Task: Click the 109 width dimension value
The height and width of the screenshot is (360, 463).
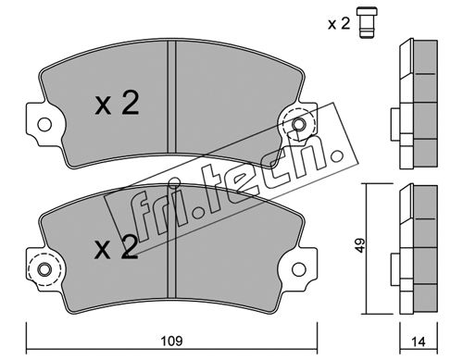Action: (x=172, y=341)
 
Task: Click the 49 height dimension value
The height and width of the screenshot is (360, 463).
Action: (x=360, y=245)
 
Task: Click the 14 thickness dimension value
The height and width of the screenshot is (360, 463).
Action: (x=419, y=341)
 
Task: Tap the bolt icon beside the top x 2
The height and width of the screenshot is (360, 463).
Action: (x=367, y=22)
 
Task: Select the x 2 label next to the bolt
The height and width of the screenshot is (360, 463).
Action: (x=339, y=23)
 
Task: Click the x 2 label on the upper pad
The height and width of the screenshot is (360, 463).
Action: (x=117, y=104)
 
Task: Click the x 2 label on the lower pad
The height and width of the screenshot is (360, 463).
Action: (x=117, y=247)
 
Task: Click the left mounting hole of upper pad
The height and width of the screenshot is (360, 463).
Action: (x=44, y=125)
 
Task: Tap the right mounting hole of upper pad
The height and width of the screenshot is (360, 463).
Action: (x=299, y=125)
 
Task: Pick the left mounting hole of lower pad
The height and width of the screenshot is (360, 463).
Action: (x=44, y=269)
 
